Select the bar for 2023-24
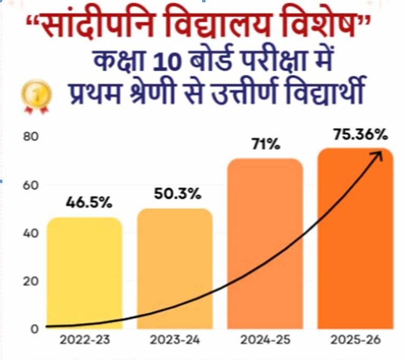pos(175,269)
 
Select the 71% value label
pos(265,143)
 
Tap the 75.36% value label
pos(360,135)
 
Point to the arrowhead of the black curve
pos(379,154)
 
